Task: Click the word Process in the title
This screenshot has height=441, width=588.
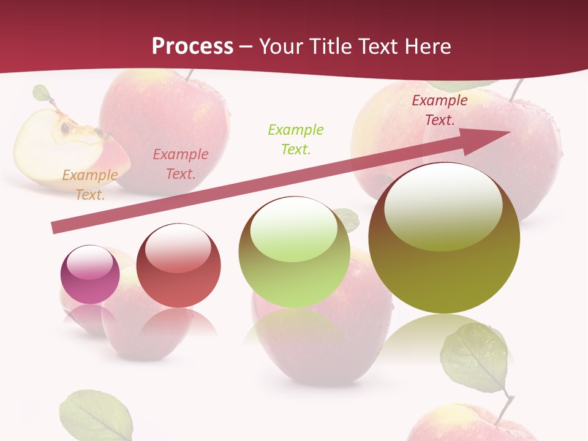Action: pyautogui.click(x=192, y=46)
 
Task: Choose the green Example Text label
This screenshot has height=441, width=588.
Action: pyautogui.click(x=295, y=139)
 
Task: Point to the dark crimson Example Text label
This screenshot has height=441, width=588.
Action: pyautogui.click(x=439, y=110)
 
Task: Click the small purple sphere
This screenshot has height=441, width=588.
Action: pyautogui.click(x=90, y=275)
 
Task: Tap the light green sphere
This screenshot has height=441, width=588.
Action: pyautogui.click(x=294, y=252)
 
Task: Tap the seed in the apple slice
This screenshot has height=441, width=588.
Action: pyautogui.click(x=64, y=127)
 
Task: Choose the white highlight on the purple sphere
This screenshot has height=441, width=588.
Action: pyautogui.click(x=89, y=262)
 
